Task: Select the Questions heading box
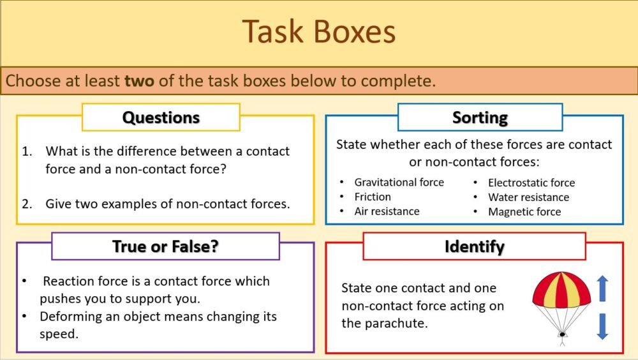161,117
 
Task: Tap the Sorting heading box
480,117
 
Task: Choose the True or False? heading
165,246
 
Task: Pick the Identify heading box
474,246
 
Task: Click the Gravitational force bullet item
399,182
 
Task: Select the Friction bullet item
373,197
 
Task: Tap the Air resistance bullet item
387,211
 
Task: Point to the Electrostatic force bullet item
531,183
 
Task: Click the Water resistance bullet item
528,197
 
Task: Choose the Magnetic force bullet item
524,212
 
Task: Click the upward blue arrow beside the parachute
602,288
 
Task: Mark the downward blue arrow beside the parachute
602,326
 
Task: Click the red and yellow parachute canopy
561,291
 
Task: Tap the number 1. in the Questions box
27,152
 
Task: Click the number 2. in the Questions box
27,204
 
